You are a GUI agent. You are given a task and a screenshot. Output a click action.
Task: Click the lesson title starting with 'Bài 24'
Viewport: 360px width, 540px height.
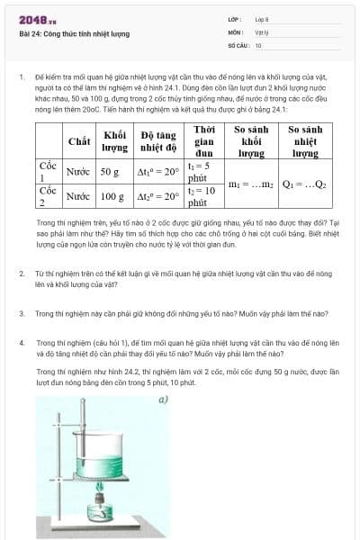(74, 33)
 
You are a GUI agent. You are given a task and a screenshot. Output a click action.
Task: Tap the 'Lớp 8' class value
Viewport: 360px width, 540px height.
(262, 19)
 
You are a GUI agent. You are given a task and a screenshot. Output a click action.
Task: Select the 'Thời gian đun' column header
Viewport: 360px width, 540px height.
(204, 141)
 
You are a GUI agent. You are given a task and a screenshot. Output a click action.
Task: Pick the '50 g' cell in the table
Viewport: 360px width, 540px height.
(111, 171)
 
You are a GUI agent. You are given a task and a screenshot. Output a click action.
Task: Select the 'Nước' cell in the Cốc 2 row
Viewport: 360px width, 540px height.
(78, 195)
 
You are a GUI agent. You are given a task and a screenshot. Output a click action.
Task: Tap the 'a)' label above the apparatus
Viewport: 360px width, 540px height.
(163, 397)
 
